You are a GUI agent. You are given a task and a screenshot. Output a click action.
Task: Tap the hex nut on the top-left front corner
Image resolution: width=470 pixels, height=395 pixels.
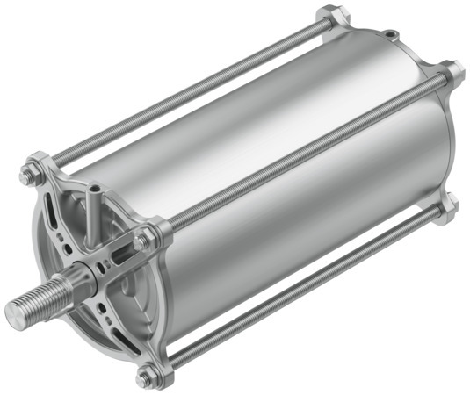click(x=27, y=175)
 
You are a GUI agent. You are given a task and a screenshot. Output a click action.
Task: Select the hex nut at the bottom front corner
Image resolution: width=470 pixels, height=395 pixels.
click(x=145, y=378)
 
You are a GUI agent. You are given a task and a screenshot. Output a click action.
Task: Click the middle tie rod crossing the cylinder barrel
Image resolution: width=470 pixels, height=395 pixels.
click(x=299, y=154)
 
